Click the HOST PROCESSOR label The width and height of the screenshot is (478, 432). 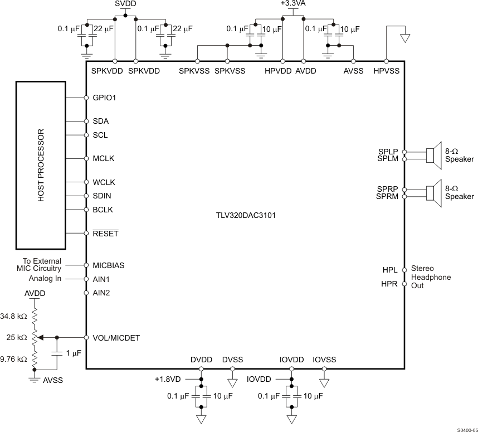tap(41, 166)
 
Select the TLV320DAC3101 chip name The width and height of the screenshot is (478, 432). tap(245, 215)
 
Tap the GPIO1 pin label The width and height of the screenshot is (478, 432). tap(104, 98)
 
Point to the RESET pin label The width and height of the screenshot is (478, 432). tap(105, 234)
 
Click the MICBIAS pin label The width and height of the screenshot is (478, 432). tap(108, 265)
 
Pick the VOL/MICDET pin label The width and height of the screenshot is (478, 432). tap(116, 338)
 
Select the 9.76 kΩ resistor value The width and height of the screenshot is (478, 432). tap(14, 359)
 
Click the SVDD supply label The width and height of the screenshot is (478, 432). tap(125, 4)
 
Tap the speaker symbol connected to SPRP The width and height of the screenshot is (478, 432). tap(434, 193)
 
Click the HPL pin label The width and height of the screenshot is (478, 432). tap(390, 270)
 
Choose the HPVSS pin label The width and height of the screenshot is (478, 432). tap(386, 71)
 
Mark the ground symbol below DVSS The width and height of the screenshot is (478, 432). tap(232, 383)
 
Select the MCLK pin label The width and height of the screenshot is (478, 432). tap(104, 159)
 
